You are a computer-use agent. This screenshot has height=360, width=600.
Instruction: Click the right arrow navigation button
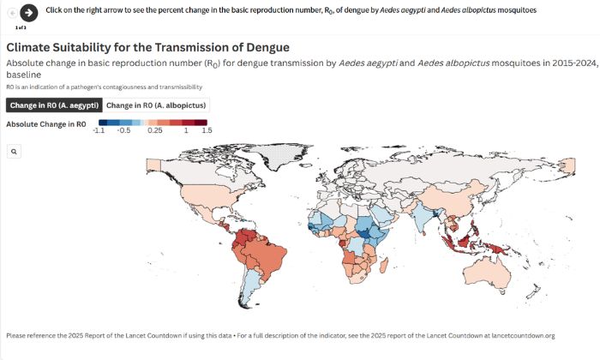tap(29, 13)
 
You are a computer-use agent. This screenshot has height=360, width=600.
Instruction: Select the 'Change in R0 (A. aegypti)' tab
tap(54, 105)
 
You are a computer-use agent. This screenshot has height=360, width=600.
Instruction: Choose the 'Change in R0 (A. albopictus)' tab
tap(156, 105)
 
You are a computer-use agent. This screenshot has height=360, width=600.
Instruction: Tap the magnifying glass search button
tap(14, 151)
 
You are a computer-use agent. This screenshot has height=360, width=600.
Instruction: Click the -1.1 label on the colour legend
tap(99, 131)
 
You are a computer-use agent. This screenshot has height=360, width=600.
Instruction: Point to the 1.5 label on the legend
tap(207, 131)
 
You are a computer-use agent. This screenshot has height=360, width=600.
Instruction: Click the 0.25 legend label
tap(155, 131)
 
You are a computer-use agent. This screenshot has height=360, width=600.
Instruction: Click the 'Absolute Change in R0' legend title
tap(45, 123)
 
